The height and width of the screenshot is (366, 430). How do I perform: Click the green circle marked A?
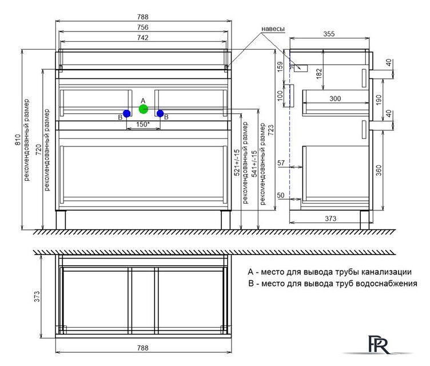click(144, 109)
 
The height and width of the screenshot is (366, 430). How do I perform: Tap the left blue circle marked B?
click(127, 113)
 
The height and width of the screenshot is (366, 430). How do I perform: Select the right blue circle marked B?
click(160, 113)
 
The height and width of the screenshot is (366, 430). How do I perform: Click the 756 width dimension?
click(143, 27)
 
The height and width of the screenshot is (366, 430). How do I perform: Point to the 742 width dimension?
click(143, 38)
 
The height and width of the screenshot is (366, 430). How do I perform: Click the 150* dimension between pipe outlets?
click(143, 124)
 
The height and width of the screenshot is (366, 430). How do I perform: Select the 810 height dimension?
click(18, 140)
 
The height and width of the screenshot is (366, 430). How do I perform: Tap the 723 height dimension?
click(270, 130)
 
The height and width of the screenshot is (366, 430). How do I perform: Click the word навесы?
click(273, 29)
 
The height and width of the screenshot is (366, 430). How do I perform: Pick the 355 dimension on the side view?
click(329, 34)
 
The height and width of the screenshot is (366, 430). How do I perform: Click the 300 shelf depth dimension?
click(335, 98)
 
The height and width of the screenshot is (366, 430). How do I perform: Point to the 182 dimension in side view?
click(319, 74)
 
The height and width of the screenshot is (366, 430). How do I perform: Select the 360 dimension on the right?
click(379, 170)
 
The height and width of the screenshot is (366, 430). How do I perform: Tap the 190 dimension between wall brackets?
click(379, 100)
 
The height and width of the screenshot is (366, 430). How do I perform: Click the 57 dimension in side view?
click(281, 163)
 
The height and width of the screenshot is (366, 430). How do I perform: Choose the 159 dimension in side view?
click(280, 67)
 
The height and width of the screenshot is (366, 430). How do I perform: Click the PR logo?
click(379, 344)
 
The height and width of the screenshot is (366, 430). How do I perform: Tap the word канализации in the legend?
click(386, 272)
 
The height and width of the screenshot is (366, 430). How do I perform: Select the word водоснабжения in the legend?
click(387, 284)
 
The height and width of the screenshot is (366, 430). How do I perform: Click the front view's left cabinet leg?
click(61, 220)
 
